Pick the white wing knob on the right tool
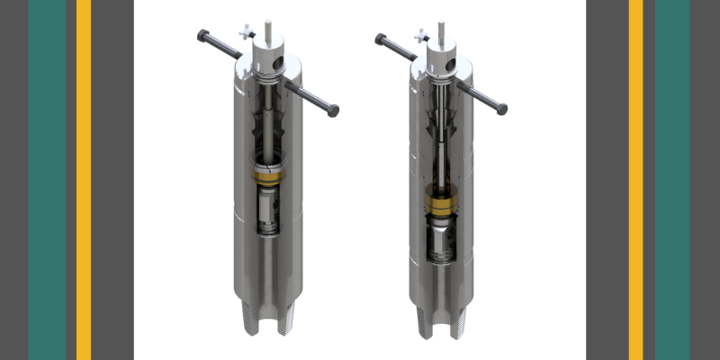(421, 36)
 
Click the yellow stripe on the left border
(84, 180)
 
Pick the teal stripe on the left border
(47, 180)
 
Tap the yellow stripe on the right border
(635, 180)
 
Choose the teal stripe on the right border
(671, 180)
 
